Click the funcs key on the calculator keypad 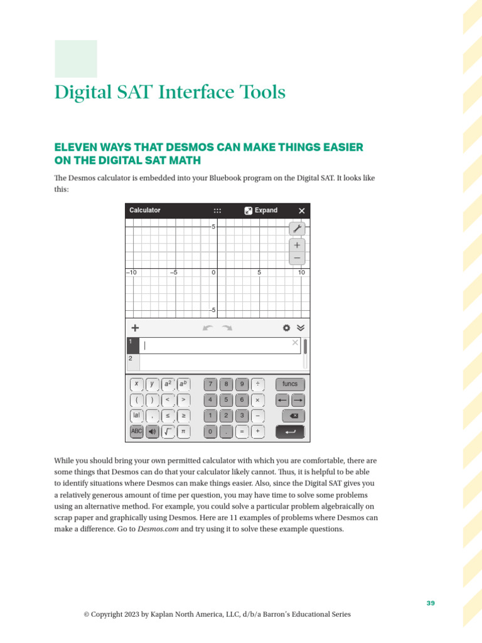point(290,384)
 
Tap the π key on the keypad point(183,431)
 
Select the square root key point(168,431)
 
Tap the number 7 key point(211,384)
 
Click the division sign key point(257,384)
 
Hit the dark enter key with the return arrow point(290,431)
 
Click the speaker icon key point(152,431)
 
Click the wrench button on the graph point(297,229)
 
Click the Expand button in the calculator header point(261,210)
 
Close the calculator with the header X point(302,211)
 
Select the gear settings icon point(286,328)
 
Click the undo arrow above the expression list point(208,328)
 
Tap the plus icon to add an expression point(135,328)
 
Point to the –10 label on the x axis point(132,273)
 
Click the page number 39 point(431,603)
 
